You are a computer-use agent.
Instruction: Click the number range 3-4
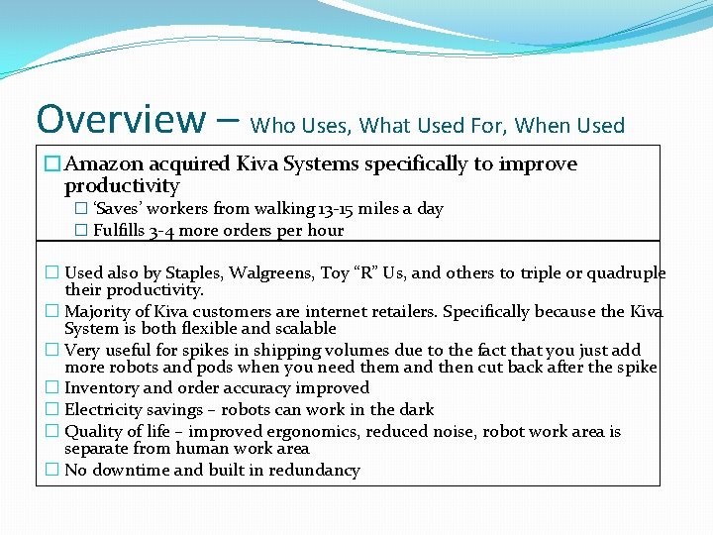coord(163,231)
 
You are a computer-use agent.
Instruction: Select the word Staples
coord(194,273)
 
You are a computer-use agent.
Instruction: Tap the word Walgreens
coord(285,273)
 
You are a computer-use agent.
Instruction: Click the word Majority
coord(99,312)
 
